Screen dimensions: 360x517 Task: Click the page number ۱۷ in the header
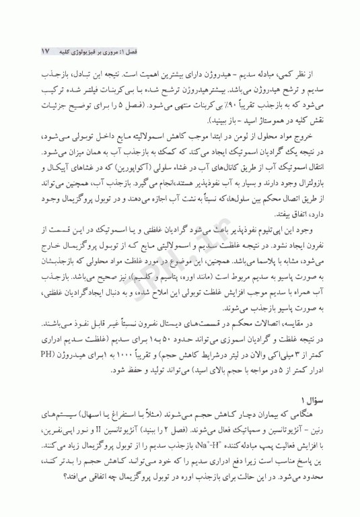(46, 51)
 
